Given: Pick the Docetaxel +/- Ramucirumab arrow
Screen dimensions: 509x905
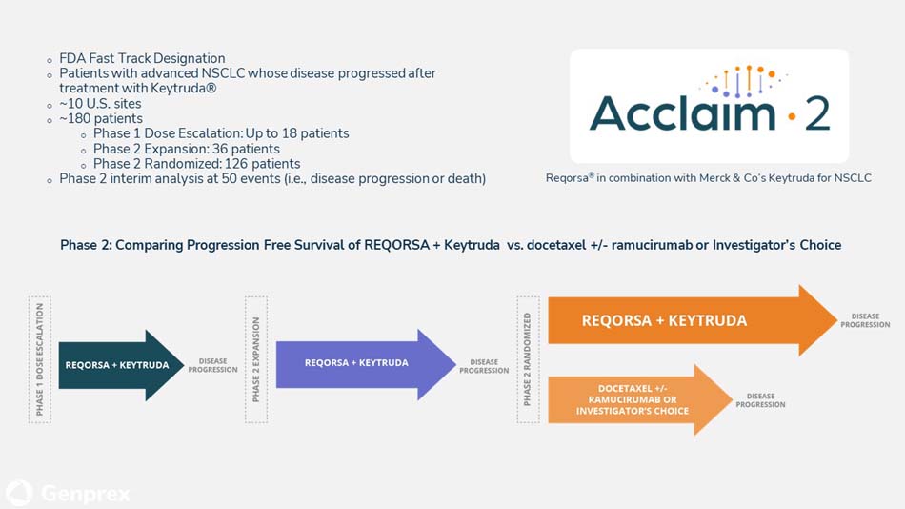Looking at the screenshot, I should point(633,399).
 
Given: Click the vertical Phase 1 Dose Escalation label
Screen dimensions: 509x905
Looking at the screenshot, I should point(39,359).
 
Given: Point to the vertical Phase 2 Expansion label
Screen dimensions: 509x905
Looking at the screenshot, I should point(255,359).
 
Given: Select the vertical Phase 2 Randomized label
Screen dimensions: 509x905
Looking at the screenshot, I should point(527,358).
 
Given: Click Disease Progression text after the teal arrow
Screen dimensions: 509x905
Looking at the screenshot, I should point(212,366).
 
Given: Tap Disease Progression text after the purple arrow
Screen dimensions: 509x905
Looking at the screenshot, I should point(484,366).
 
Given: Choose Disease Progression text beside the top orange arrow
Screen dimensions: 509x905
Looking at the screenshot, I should point(864,320).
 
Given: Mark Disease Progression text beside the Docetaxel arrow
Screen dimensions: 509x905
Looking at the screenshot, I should point(760,400).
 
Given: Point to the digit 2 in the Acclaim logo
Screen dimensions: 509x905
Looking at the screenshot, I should point(816,113).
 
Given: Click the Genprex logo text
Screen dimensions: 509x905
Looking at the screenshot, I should point(86,494).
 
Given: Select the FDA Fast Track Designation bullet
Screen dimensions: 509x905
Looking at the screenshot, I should point(142,58).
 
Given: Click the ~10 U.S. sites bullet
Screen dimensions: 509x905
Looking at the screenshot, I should point(100,103).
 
